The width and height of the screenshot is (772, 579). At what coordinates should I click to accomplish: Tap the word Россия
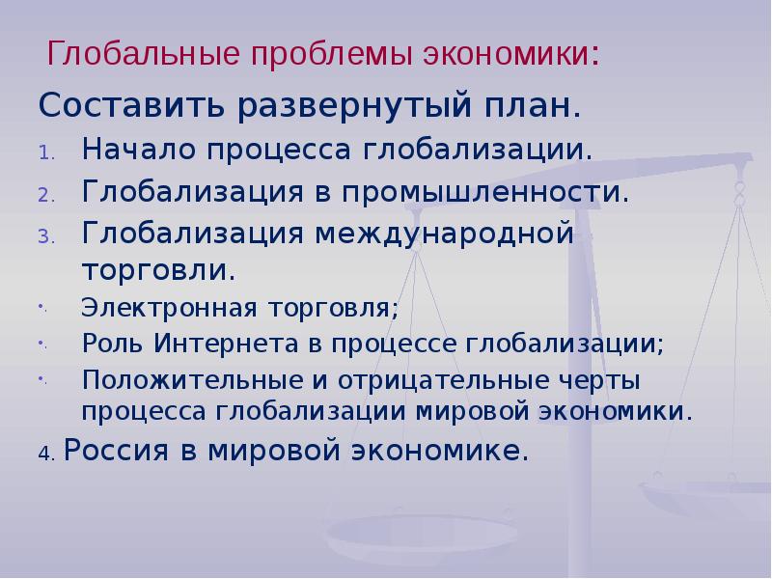pyautogui.click(x=121, y=451)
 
